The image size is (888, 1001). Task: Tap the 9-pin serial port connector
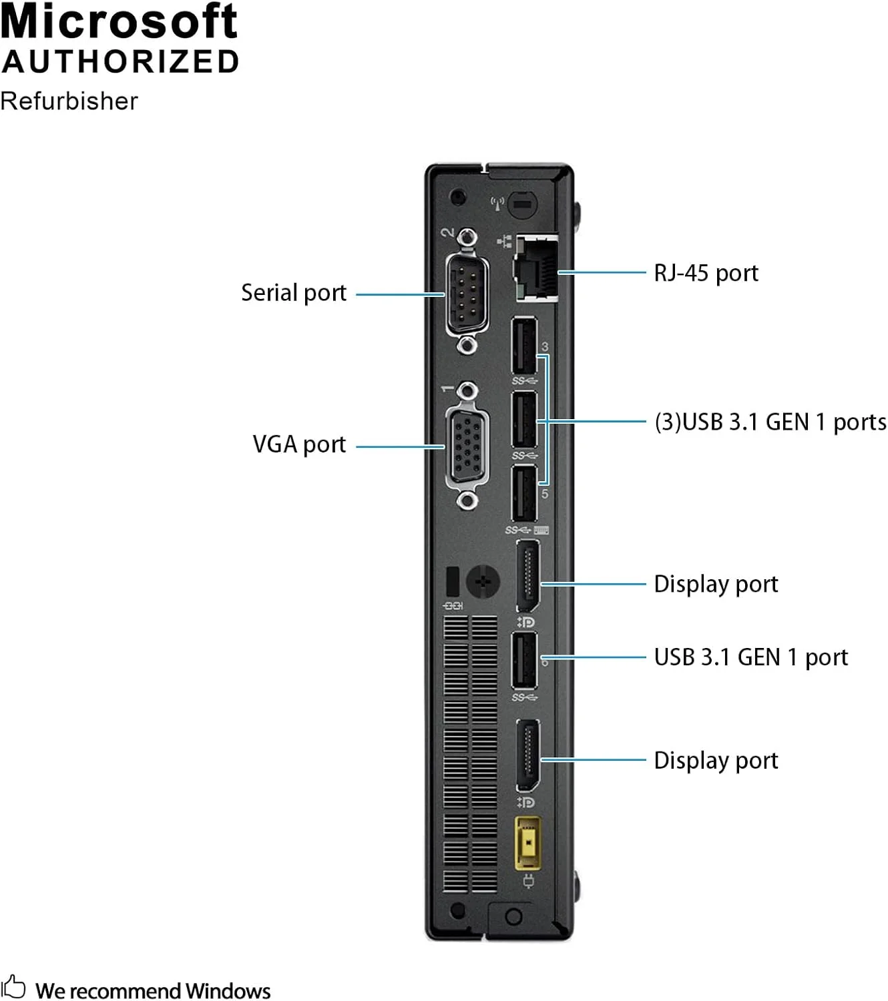click(x=467, y=292)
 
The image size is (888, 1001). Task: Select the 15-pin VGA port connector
click(x=467, y=444)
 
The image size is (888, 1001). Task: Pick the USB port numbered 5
click(x=524, y=494)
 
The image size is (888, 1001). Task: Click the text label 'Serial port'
click(x=294, y=293)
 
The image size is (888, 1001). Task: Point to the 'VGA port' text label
click(x=299, y=444)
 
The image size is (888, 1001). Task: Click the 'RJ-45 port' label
click(x=706, y=273)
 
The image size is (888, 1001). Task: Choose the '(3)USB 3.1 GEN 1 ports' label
click(x=770, y=422)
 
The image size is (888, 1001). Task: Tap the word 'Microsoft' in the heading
click(x=119, y=21)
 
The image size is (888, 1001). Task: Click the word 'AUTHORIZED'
click(x=120, y=61)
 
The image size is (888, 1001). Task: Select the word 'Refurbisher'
click(x=69, y=101)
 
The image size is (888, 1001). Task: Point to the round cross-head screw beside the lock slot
click(x=483, y=582)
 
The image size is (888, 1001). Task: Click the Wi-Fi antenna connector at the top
click(x=522, y=204)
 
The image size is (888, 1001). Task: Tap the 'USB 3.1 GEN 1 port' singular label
click(x=750, y=657)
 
